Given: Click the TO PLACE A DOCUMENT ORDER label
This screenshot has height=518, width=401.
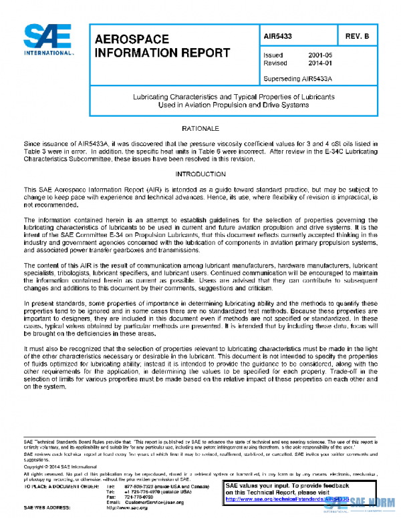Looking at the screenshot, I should pos(57,487).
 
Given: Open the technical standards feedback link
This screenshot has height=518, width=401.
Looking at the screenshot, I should pos(281,499).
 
